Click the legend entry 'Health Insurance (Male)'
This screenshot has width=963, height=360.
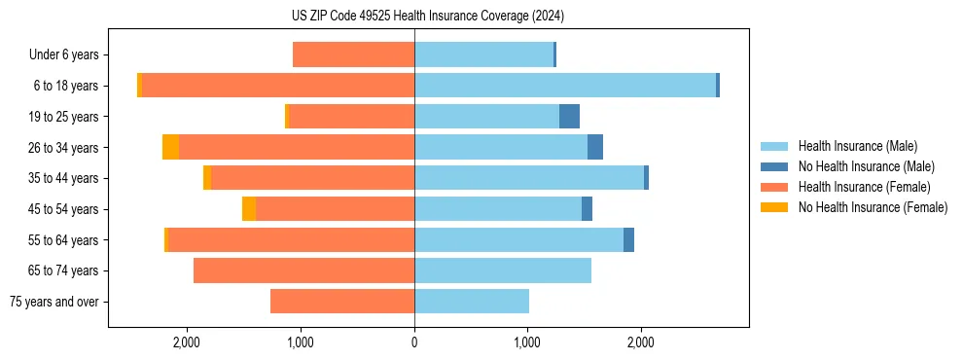[857, 146]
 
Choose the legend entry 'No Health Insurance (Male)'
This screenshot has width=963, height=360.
[866, 166]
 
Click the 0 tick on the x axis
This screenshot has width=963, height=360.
[414, 343]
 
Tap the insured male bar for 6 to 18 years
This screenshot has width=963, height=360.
[565, 86]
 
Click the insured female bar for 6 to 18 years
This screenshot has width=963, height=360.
[278, 86]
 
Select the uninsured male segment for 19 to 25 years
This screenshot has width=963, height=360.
[569, 117]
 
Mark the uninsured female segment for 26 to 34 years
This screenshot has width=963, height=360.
[170, 148]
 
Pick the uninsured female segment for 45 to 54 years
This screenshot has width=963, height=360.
[249, 209]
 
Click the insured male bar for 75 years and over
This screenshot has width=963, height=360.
[472, 302]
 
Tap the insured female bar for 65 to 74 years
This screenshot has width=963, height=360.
[303, 270]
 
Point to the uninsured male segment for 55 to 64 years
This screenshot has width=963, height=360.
[628, 240]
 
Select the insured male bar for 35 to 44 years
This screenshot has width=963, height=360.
[529, 178]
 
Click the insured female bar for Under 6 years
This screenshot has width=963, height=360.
[353, 55]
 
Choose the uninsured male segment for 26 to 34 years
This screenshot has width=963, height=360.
[595, 148]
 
